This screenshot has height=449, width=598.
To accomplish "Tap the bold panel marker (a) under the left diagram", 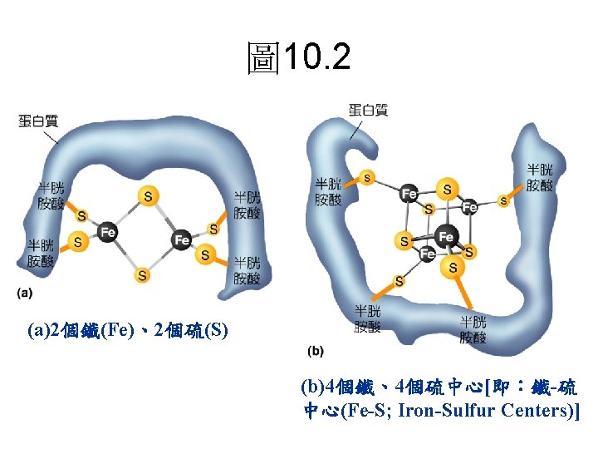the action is [26, 293].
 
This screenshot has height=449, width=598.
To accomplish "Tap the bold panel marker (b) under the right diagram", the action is [316, 350].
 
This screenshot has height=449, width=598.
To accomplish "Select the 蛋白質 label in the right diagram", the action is [368, 110].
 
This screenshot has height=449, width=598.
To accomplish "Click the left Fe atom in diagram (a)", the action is [107, 233].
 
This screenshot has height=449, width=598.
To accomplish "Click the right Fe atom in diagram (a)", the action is [181, 240].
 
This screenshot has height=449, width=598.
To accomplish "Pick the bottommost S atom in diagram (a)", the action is [143, 274].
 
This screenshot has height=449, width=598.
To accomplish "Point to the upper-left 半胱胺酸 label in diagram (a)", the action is [50, 195].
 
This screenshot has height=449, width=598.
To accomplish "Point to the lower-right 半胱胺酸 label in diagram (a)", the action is [247, 271].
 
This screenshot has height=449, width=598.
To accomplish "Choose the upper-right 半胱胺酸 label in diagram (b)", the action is [540, 177].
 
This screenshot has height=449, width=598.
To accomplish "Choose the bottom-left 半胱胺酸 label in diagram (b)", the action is [368, 318].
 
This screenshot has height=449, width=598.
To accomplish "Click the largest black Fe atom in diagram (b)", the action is [446, 237].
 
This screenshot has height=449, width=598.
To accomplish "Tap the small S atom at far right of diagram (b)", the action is [503, 200].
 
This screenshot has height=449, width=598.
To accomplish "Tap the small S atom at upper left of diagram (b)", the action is [366, 177].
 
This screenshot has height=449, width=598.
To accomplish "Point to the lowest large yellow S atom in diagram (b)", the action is [453, 267].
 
